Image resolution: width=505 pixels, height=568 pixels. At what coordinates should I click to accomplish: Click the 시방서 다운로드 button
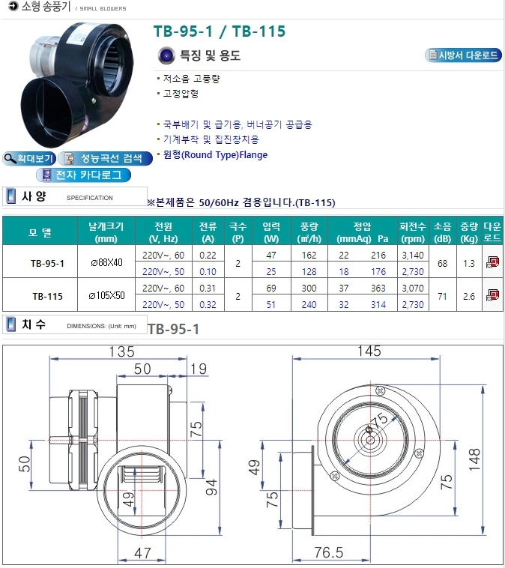click(x=463, y=55)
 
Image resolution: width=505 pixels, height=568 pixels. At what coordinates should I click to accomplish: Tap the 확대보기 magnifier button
click(x=29, y=158)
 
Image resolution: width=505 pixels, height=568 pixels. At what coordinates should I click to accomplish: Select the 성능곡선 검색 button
click(x=105, y=158)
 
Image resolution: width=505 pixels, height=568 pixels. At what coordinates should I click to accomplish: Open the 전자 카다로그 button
click(x=83, y=175)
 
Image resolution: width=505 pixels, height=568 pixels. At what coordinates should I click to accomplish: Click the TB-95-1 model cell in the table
click(x=47, y=263)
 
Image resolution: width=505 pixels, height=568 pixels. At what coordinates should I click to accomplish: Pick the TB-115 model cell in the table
click(x=47, y=296)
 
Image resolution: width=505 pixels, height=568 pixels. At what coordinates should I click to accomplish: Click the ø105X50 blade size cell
click(x=106, y=295)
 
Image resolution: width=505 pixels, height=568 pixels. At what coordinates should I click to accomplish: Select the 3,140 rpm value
click(x=413, y=256)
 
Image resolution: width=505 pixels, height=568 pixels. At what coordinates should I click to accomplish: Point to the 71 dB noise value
click(x=442, y=296)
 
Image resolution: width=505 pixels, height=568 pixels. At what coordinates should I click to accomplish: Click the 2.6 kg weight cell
click(x=469, y=296)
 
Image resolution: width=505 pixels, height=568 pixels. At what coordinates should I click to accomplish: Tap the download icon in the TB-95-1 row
click(x=493, y=262)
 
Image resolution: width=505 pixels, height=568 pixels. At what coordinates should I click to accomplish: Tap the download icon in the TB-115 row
click(x=493, y=295)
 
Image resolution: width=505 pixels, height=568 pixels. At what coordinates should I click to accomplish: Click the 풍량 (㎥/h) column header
click(x=309, y=232)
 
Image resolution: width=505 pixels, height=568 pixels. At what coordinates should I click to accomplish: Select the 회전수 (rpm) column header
click(x=413, y=232)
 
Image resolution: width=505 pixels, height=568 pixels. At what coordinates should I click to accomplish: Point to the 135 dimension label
click(x=121, y=351)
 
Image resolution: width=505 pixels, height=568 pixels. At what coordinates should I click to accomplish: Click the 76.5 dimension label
click(x=329, y=552)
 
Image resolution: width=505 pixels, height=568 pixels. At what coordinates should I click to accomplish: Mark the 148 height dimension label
click(x=474, y=459)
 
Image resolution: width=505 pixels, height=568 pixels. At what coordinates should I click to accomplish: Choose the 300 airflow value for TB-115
click(x=309, y=288)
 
